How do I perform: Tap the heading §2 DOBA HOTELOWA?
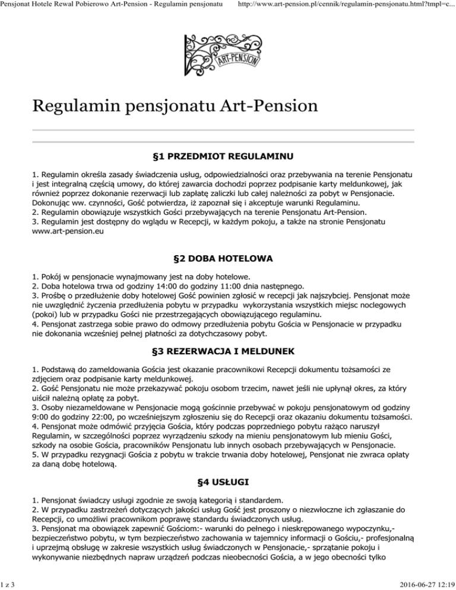click(227, 259)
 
